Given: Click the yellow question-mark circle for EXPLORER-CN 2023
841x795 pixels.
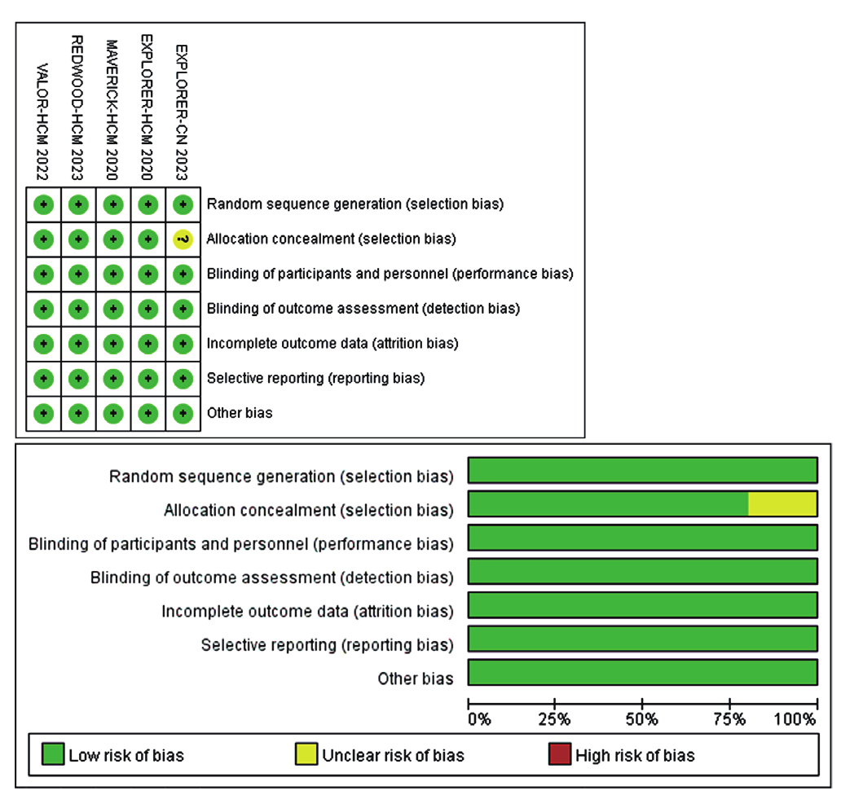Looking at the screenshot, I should coord(183,239).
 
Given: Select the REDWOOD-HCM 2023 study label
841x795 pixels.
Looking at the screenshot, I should coord(78,108).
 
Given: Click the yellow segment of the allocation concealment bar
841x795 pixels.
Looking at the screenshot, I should coord(782,504).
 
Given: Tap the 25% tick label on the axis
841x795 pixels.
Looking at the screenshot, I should coord(554,719).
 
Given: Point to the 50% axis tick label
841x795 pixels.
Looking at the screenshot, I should coord(642,719).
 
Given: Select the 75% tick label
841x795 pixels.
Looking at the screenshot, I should coord(730,719).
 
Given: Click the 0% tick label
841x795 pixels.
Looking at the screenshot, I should coord(478,719).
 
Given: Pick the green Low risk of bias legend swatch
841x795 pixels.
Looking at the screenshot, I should coord(53,755).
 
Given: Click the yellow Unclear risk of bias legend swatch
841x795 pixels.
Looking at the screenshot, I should coord(306,755).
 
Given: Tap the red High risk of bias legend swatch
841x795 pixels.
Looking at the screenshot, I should coord(560,755).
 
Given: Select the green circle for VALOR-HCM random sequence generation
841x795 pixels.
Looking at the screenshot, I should coord(44,204).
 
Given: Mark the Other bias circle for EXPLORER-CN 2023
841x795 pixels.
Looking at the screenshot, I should coord(183,413).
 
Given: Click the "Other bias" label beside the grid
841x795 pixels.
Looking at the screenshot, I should coord(240,413).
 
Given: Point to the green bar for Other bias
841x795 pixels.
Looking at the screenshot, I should coord(642,672).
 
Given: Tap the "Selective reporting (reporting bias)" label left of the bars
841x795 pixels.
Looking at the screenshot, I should coord(327,645).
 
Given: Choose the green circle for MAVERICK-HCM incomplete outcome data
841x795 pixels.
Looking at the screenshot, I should coord(113,343).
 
